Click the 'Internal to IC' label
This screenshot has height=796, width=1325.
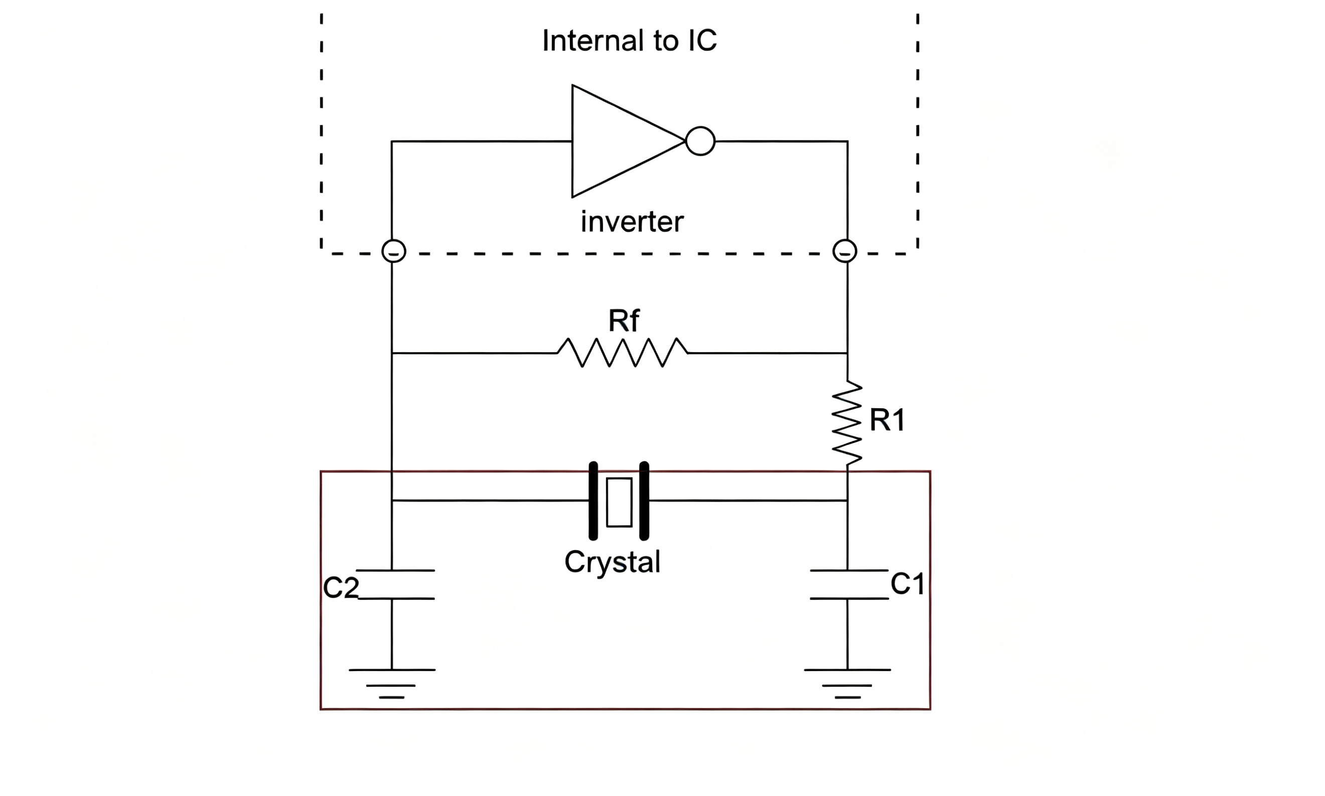(x=629, y=41)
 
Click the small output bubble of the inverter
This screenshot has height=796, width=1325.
(x=700, y=141)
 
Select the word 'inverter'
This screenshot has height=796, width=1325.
(x=632, y=222)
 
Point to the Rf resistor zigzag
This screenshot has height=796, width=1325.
(x=622, y=353)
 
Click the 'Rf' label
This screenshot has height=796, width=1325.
(x=623, y=321)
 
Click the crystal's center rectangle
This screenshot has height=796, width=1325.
(x=619, y=502)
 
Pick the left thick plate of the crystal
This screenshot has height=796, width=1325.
(x=594, y=501)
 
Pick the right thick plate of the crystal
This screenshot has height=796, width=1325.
(x=644, y=501)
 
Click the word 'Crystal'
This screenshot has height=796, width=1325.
(x=612, y=562)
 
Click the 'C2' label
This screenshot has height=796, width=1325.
(x=341, y=587)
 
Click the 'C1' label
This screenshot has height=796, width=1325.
(x=908, y=584)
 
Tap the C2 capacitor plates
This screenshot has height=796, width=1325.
(x=395, y=584)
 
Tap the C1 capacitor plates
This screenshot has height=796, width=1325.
(x=849, y=584)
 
